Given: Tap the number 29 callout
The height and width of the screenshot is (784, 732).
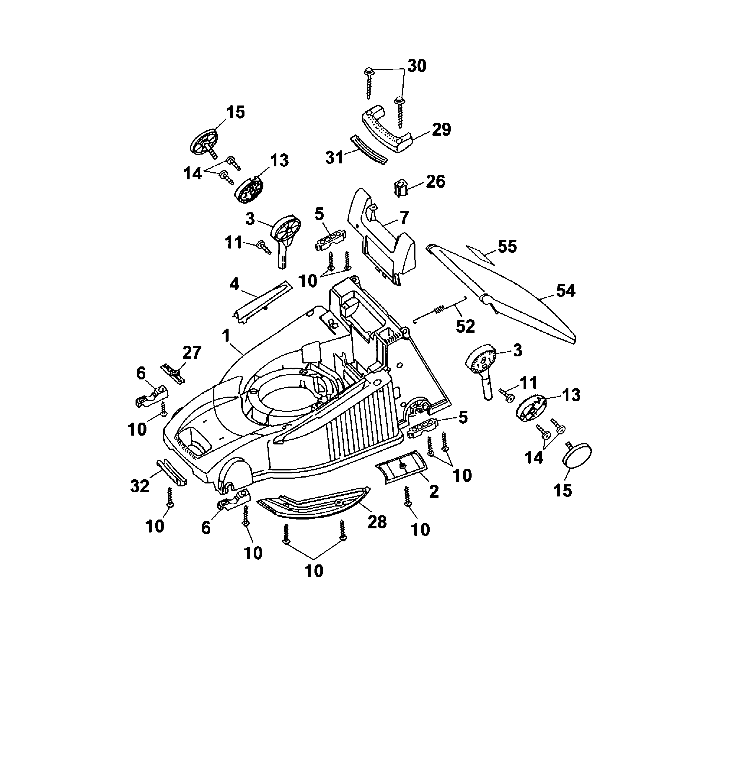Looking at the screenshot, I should point(441,129).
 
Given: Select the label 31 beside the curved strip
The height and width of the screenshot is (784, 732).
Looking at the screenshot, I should point(335,158).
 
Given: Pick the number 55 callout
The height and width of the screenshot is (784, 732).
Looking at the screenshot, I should point(507,246).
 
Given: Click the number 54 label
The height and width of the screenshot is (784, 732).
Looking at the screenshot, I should point(565,291).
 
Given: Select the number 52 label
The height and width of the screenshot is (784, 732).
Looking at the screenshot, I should point(465,326).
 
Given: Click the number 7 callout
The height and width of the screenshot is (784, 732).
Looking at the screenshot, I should point(404,217).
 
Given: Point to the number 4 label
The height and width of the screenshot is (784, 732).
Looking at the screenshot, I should point(234,284).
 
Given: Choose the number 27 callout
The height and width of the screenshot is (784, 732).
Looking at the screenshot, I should point(192,353).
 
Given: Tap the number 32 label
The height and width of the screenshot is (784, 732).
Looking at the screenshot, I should point(140,486).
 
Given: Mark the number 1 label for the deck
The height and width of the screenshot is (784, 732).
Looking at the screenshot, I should point(226,336).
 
